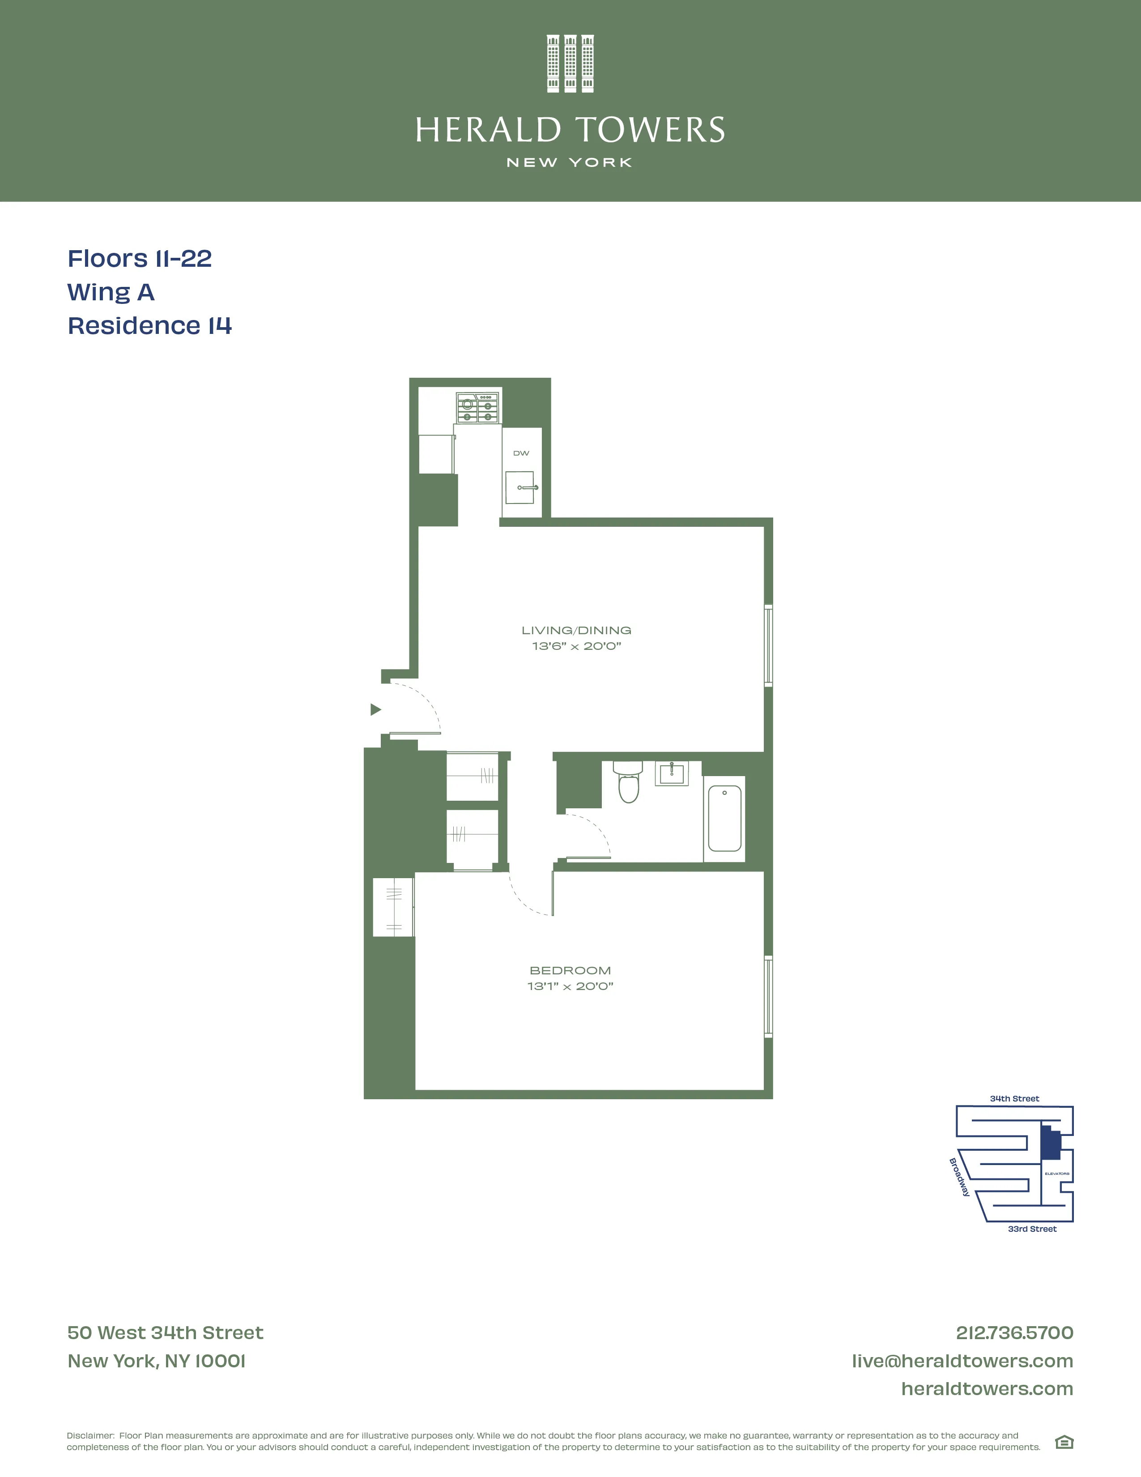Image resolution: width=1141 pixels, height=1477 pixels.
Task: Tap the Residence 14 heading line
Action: click(149, 326)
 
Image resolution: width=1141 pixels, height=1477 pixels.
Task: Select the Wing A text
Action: click(111, 292)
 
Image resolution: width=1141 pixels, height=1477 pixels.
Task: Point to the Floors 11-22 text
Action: click(139, 258)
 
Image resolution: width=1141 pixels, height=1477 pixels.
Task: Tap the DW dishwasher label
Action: click(521, 453)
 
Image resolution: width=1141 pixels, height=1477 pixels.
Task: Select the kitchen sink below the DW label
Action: click(520, 487)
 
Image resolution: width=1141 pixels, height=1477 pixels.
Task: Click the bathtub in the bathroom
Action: click(724, 818)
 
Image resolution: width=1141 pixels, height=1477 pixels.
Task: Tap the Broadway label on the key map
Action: click(959, 1177)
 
